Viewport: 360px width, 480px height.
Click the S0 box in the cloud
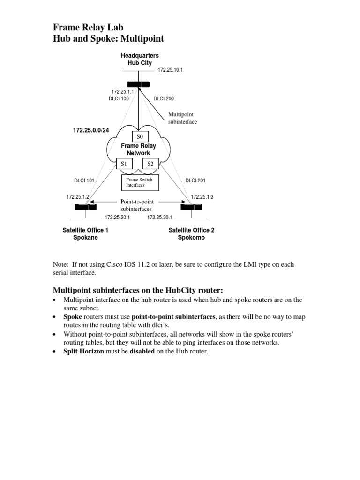point(140,137)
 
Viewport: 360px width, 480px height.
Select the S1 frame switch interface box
point(124,164)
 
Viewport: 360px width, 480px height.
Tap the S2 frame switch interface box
point(150,164)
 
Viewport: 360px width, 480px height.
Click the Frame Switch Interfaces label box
point(140,182)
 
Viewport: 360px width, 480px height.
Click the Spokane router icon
point(85,207)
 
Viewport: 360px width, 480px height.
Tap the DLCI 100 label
point(119,99)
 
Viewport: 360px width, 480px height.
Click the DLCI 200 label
point(164,99)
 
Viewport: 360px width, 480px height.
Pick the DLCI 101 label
point(84,180)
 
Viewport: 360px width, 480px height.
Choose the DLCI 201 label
point(195,180)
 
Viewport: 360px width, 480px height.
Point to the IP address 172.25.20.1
point(117,217)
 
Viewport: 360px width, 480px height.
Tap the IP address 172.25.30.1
point(160,217)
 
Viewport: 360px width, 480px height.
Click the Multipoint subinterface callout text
point(183,118)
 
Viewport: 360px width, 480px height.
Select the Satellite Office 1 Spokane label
point(85,234)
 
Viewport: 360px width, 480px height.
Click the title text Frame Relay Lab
point(89,28)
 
